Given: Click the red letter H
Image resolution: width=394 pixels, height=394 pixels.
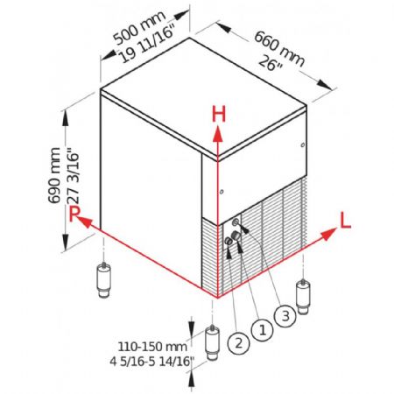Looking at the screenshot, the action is click(219, 114).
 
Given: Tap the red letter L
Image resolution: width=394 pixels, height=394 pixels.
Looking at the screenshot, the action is click(346, 220).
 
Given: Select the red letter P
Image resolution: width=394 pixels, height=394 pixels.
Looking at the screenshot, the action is click(74, 214).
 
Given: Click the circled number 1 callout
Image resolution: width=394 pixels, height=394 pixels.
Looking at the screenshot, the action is click(262, 330).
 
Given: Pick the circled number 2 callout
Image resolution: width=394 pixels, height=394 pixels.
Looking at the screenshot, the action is click(239, 343).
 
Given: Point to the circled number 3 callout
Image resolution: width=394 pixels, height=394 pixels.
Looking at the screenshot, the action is click(285, 316).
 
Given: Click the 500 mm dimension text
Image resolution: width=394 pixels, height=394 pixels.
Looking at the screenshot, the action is click(139, 28).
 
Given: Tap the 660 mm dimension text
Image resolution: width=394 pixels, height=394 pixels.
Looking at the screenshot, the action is click(279, 48).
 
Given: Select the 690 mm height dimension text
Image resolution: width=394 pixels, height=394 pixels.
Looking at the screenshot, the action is click(54, 175).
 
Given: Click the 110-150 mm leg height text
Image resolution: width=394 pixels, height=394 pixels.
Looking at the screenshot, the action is click(152, 347).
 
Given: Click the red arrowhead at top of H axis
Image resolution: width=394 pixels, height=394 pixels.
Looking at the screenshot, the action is click(217, 134).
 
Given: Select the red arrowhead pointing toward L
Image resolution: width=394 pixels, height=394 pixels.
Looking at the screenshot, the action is click(328, 234).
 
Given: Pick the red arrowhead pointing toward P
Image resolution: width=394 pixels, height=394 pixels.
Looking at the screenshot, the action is click(85, 222).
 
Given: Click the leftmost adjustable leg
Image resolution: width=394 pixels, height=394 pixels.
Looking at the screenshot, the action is click(103, 279).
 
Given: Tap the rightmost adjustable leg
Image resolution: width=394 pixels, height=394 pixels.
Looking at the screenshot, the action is click(303, 296).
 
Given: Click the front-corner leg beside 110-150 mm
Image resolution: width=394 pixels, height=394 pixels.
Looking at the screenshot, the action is click(213, 342).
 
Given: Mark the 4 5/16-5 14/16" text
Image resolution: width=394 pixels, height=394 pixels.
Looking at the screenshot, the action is click(151, 362).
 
